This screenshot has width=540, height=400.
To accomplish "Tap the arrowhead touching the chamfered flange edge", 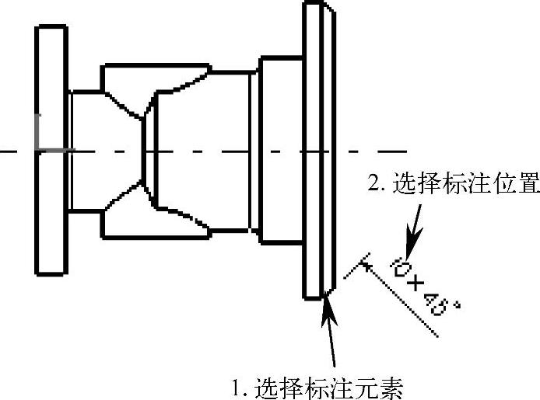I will [328, 305].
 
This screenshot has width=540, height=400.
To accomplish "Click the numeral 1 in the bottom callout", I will [237, 386].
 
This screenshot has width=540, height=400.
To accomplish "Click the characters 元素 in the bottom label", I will [384, 386].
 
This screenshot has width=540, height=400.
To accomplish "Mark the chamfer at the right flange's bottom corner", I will [331, 290].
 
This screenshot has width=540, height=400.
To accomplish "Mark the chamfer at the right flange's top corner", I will [331, 9].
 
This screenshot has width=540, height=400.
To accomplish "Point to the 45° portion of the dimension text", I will [440, 304].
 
